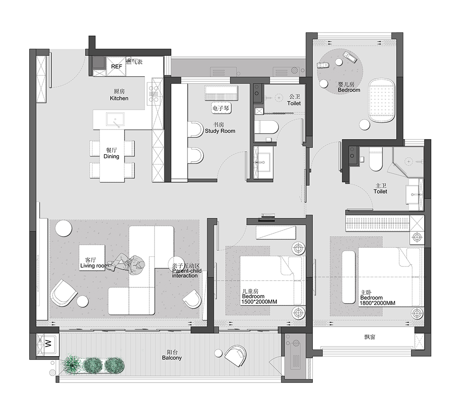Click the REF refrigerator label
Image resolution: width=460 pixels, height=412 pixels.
[116, 66]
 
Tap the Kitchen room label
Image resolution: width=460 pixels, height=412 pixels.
[119, 98]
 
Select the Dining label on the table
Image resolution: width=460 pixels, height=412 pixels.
[112, 156]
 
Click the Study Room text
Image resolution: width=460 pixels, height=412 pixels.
[220, 131]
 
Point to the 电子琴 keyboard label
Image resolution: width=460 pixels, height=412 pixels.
[220, 108]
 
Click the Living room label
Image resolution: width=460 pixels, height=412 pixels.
[94, 266]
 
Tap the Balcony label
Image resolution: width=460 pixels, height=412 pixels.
[172, 358]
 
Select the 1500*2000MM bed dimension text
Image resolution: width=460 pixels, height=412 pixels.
[260, 302]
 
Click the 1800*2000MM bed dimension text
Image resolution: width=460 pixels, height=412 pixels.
[378, 303]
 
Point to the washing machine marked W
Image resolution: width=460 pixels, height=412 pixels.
[48, 343]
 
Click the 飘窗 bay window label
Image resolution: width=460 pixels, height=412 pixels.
[370, 337]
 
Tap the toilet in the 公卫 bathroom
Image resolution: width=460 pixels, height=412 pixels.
[266, 127]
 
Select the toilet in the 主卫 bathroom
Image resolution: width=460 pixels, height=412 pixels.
[376, 159]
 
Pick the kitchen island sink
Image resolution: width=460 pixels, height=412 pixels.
[115, 120]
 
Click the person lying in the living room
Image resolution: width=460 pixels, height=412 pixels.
[126, 263]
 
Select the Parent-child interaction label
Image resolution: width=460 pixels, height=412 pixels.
[187, 271]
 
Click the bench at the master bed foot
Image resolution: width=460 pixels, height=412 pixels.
[349, 277]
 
